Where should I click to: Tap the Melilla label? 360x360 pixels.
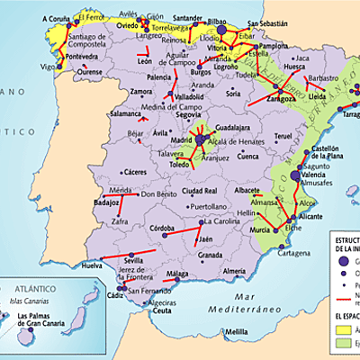pyautogui.click(x=237, y=332)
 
